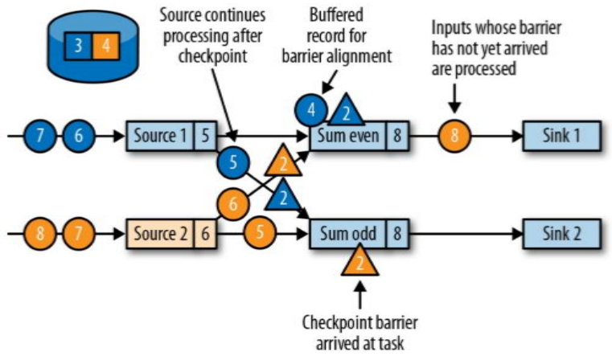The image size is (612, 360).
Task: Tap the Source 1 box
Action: (x=159, y=136)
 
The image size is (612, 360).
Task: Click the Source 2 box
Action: (x=159, y=235)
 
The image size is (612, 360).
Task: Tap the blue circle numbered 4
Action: (x=312, y=108)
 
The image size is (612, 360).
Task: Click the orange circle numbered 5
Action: (x=259, y=234)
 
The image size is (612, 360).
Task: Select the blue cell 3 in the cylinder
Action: (x=78, y=46)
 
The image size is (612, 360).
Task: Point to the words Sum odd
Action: (x=347, y=235)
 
